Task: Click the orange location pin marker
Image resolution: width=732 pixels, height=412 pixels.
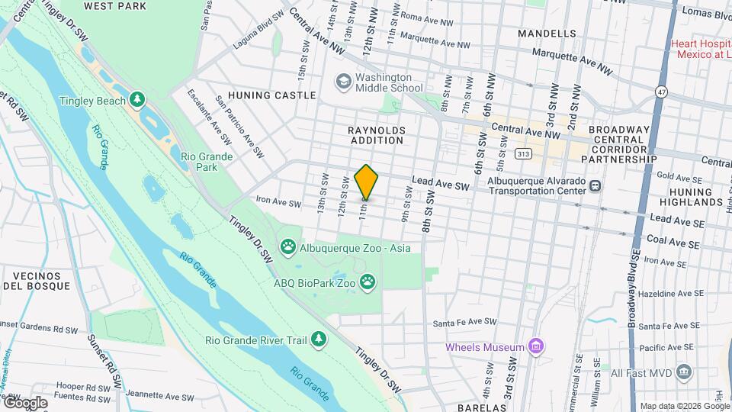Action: pyautogui.click(x=366, y=182)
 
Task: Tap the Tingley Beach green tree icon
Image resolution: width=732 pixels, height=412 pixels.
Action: pyautogui.click(x=137, y=100)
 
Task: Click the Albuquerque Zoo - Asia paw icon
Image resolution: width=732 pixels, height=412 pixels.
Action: pyautogui.click(x=287, y=246)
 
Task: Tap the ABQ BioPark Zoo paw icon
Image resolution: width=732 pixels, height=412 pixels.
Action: pyautogui.click(x=368, y=282)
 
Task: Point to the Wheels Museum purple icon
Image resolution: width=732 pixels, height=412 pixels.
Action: pyautogui.click(x=536, y=347)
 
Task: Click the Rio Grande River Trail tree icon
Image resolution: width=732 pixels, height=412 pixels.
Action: pyautogui.click(x=319, y=340)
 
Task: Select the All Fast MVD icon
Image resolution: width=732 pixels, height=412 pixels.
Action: pyautogui.click(x=684, y=373)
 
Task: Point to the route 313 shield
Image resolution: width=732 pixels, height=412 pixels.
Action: pyautogui.click(x=523, y=153)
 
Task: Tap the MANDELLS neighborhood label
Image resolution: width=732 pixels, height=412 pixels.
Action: pyautogui.click(x=547, y=34)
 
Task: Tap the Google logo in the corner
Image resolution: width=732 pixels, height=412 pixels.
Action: pyautogui.click(x=24, y=402)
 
